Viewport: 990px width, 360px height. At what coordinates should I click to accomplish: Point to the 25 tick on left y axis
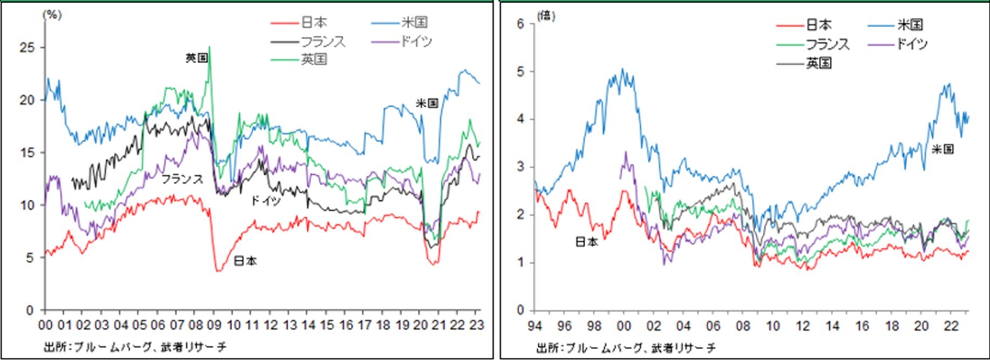click(27, 48)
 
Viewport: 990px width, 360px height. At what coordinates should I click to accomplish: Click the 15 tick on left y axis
click(27, 153)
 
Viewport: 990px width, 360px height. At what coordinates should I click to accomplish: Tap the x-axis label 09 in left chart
click(214, 325)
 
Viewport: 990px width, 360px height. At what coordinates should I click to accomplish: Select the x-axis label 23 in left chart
click(477, 325)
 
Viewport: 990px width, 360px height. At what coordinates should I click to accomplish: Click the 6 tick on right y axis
click(521, 24)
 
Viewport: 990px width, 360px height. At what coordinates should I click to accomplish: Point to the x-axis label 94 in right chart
click(534, 327)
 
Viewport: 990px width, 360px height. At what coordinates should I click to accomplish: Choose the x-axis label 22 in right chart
click(951, 327)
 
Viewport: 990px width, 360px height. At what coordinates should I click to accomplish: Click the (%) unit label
click(52, 15)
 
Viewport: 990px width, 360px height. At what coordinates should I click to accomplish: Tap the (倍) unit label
click(546, 16)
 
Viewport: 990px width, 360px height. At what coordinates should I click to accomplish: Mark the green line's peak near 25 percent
click(209, 47)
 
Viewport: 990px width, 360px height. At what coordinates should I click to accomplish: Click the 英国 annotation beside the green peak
click(196, 58)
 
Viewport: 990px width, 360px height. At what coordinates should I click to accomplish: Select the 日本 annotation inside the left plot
click(245, 261)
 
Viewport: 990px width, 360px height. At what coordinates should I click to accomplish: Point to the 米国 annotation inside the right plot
click(942, 150)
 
